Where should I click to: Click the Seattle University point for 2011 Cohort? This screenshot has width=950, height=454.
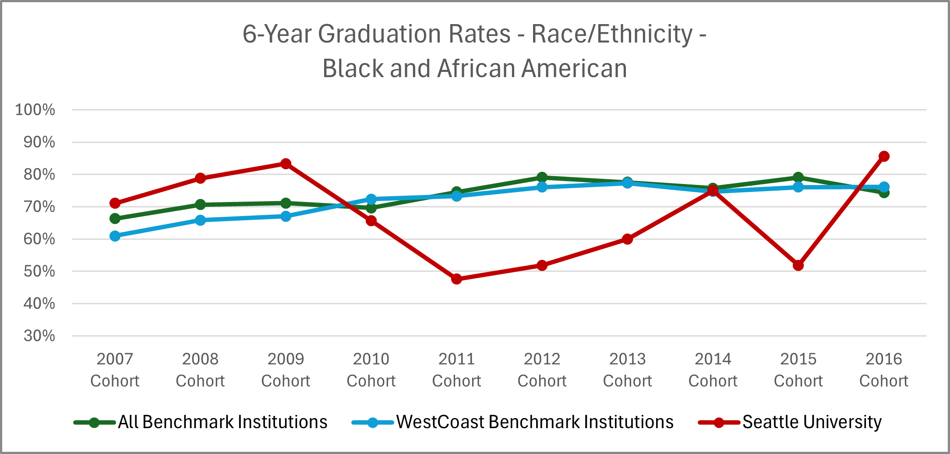click(x=456, y=279)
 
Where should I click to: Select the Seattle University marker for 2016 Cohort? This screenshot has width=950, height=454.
click(x=884, y=156)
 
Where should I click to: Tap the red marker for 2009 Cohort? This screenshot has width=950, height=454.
click(x=286, y=164)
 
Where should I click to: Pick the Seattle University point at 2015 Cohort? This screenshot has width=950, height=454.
click(x=798, y=266)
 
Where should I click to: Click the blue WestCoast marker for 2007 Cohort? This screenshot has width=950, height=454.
click(x=115, y=236)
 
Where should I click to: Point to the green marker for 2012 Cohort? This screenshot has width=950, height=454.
click(x=542, y=177)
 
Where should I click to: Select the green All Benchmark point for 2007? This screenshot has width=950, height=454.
click(x=115, y=218)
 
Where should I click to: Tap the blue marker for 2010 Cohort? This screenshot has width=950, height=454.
click(x=371, y=199)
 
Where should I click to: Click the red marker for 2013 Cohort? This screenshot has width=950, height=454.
click(x=627, y=239)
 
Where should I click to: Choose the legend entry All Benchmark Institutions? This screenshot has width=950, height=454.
click(x=222, y=422)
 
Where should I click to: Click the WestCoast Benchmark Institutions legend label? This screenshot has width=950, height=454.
click(x=535, y=422)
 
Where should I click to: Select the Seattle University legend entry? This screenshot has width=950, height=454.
click(x=812, y=422)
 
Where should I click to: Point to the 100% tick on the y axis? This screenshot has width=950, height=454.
click(x=35, y=110)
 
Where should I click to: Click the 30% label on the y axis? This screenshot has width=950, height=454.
click(x=39, y=336)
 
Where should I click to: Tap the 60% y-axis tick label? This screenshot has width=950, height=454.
click(x=39, y=239)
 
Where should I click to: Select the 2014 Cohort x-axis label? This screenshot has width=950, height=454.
click(x=713, y=370)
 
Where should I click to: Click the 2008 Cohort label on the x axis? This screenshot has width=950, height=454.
click(x=200, y=370)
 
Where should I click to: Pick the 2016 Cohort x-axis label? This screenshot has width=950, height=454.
click(x=883, y=370)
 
